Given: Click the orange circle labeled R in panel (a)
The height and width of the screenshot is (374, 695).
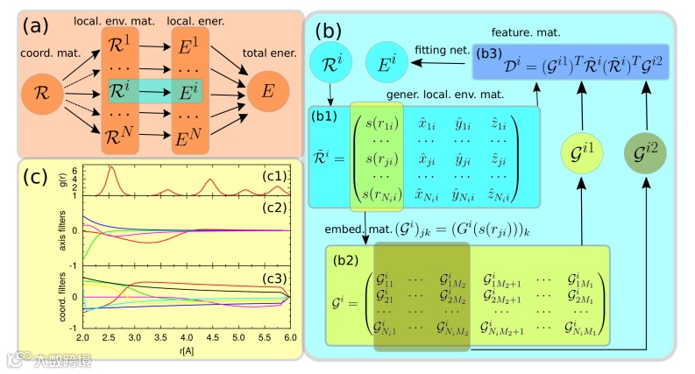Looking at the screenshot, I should (x=39, y=90).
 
